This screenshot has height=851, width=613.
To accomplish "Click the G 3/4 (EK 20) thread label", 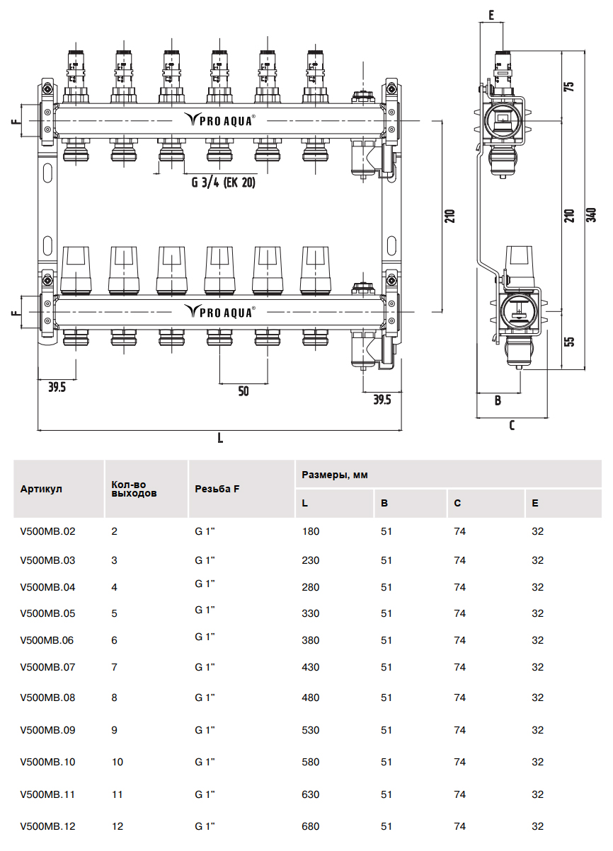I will tap(223, 182).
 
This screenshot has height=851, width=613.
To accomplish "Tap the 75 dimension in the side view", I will tap(569, 86).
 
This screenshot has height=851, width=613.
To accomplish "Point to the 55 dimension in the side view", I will tap(569, 341).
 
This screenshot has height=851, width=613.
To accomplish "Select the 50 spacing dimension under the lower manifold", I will tap(244, 391).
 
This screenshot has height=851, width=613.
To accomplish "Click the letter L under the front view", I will tap(220, 438).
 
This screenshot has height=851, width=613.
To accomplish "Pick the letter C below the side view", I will tap(512, 425).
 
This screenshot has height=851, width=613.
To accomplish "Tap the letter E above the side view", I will tap(491, 15).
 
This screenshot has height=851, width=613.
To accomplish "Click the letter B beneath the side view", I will tap(498, 400).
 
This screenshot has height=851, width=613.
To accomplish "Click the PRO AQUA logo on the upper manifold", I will tap(220, 120).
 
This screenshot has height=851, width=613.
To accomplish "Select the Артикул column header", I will tap(42, 489).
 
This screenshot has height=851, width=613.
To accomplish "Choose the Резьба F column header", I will tap(217, 489).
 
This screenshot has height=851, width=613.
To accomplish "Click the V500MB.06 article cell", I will tap(48, 640).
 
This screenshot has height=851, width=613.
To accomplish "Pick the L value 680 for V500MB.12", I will tap(311, 826).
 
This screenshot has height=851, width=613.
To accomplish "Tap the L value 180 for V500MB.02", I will tap(311, 531).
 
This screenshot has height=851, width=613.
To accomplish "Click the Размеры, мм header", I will tap(335, 475).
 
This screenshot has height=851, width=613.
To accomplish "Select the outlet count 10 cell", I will tap(118, 762).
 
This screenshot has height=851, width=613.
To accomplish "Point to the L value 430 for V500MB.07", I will tap(311, 667).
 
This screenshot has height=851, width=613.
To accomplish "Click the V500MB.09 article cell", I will tap(48, 730).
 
